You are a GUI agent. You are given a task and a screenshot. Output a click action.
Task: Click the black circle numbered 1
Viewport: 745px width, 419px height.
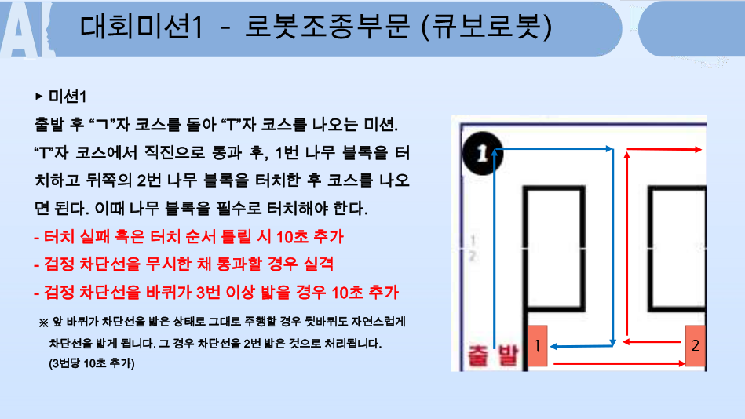(482, 153)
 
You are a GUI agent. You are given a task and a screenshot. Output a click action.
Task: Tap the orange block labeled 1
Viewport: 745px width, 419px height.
(538, 345)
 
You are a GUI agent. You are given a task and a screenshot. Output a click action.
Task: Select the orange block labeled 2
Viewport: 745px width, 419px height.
(695, 345)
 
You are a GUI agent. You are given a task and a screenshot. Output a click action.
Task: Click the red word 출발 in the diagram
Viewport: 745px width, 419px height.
(493, 355)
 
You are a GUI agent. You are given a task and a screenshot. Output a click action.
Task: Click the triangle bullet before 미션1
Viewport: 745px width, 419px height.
(39, 97)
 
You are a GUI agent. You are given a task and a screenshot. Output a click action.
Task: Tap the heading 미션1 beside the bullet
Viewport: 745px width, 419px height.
(68, 97)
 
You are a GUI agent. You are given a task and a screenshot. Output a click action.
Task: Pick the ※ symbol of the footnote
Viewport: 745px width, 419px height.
(43, 322)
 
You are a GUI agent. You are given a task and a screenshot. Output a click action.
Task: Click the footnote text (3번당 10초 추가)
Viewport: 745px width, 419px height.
(92, 363)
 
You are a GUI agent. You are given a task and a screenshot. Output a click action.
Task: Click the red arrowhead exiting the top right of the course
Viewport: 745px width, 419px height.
(698, 150)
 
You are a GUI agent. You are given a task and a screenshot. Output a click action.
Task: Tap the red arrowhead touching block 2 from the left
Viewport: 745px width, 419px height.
(681, 364)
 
